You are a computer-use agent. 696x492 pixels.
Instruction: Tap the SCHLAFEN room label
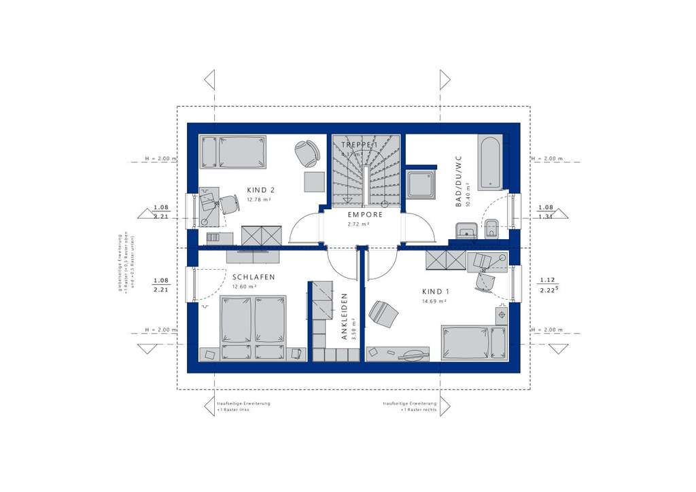click(x=253, y=277)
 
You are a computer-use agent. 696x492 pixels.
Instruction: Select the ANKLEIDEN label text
click(x=345, y=317)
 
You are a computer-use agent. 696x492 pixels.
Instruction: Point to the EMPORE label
click(x=366, y=214)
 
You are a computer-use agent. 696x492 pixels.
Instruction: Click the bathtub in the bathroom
click(x=489, y=162)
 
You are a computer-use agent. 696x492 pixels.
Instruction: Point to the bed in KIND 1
click(x=474, y=342)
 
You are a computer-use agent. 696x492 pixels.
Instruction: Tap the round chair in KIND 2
click(x=307, y=153)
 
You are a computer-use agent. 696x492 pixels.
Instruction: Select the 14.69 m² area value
click(x=432, y=300)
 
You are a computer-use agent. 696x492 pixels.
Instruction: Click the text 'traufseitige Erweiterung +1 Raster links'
click(x=243, y=407)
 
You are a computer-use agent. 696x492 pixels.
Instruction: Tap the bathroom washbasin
click(x=466, y=231)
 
